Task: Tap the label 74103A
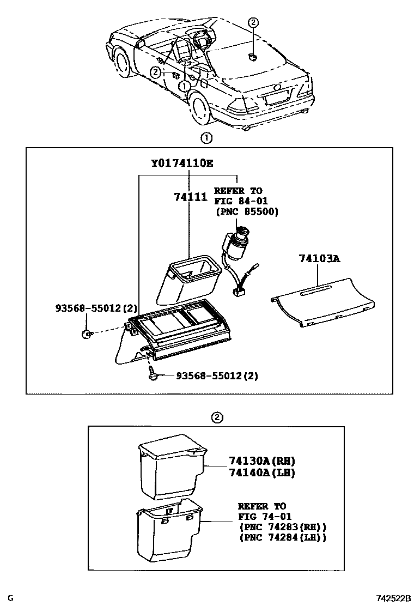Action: [319, 258]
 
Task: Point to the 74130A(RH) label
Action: [258, 461]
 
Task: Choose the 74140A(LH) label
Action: [258, 473]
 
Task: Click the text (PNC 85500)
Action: [246, 211]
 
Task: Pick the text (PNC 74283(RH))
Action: [282, 527]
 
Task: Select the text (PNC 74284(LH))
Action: [282, 537]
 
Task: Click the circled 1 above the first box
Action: [206, 138]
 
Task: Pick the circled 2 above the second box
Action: [217, 418]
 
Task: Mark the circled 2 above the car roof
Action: [253, 22]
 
